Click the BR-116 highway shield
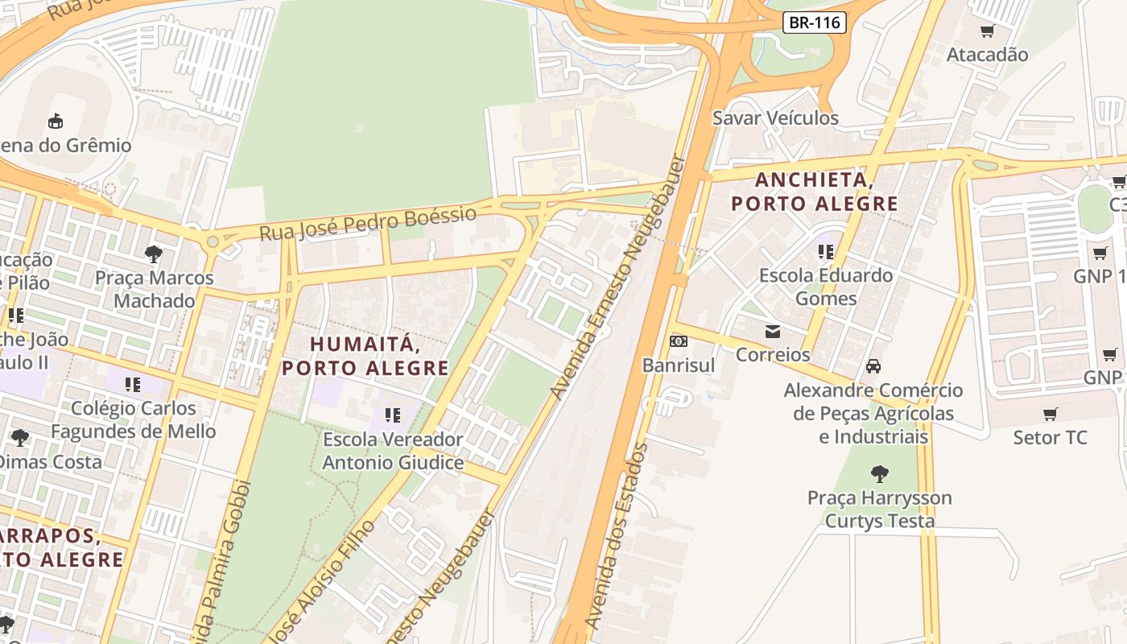pyautogui.click(x=815, y=23)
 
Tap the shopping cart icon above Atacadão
pyautogui.click(x=987, y=31)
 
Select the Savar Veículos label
pyautogui.click(x=775, y=118)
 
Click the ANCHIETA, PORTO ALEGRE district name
pyautogui.click(x=814, y=192)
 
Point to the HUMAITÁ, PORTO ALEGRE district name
pyautogui.click(x=365, y=356)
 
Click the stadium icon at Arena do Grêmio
pyautogui.click(x=56, y=122)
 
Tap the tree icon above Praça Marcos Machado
pyautogui.click(x=154, y=254)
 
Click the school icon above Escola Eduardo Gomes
pyautogui.click(x=826, y=252)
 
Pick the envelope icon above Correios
pyautogui.click(x=773, y=331)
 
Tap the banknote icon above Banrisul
pyautogui.click(x=679, y=341)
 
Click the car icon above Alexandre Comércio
pyautogui.click(x=873, y=366)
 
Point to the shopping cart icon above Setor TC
pyautogui.click(x=1050, y=415)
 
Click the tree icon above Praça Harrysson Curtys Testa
pyautogui.click(x=879, y=473)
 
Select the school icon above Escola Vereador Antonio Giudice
pyautogui.click(x=393, y=415)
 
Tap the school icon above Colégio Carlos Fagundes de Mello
pyautogui.click(x=133, y=385)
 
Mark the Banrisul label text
pyautogui.click(x=679, y=365)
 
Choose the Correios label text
pyautogui.click(x=773, y=355)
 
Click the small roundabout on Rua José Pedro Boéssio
pyautogui.click(x=213, y=242)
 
